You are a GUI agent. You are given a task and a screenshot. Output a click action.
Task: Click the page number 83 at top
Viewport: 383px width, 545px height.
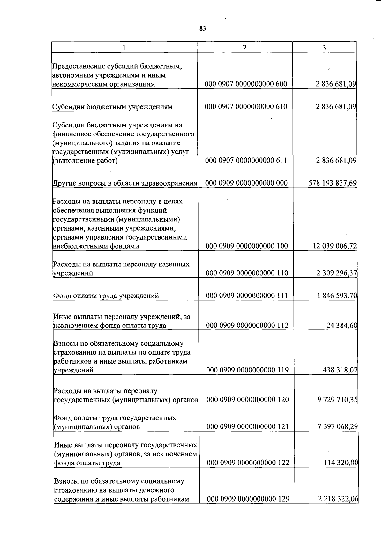coord(203,29)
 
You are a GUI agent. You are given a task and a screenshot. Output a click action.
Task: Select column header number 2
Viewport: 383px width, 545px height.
coord(244,48)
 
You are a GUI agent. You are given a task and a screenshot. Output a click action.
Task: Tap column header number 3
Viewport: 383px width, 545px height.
coord(324,48)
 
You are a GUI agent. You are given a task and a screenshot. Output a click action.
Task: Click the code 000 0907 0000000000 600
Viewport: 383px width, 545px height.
coord(246,84)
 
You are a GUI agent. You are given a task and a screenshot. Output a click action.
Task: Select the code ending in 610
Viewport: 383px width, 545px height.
coord(246,107)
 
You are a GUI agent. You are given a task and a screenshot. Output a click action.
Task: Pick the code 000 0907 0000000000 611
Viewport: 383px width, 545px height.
coord(246,160)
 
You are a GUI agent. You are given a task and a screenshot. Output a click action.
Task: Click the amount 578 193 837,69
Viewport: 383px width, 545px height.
coord(333,183)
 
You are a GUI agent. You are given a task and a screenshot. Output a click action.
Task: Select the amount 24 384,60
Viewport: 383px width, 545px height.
coord(342,326)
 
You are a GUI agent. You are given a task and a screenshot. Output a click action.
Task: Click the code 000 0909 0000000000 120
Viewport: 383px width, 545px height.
coord(248,400)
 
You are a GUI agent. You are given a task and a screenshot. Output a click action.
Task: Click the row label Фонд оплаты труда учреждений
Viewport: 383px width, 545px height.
coord(106,296)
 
